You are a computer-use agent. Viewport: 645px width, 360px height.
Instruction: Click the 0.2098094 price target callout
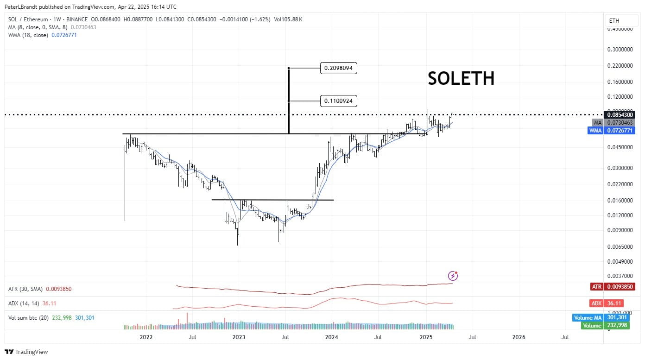point(338,69)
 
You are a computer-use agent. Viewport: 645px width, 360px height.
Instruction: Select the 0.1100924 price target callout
point(338,101)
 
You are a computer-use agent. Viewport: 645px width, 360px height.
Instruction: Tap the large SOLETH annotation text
point(461,79)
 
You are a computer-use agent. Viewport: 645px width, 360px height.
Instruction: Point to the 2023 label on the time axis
point(239,337)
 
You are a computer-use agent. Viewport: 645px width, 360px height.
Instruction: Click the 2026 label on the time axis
point(519,337)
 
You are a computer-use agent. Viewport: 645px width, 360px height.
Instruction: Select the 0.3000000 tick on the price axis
point(620,49)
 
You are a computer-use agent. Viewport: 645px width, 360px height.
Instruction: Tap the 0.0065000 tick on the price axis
point(620,246)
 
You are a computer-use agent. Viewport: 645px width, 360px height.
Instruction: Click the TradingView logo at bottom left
point(26,352)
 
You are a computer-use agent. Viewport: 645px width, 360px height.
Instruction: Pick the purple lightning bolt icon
point(453,276)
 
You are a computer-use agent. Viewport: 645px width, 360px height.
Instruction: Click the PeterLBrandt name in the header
point(22,7)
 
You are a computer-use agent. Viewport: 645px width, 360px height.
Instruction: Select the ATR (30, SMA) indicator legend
point(25,289)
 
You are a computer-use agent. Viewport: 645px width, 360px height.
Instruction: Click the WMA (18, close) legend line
point(28,35)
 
